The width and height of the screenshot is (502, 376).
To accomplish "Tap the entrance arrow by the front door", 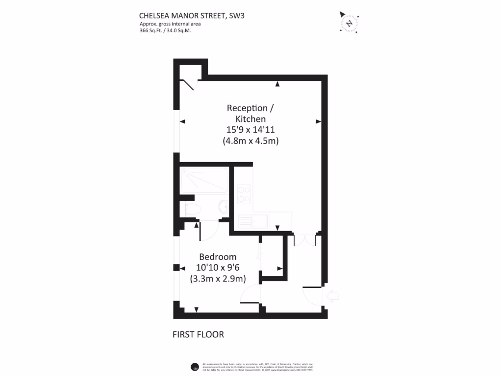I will tap(332, 296).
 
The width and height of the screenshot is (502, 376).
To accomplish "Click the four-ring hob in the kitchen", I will tap(244, 194).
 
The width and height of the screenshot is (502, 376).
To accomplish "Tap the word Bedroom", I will tap(218, 257).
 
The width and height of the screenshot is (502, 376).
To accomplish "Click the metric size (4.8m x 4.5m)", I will tap(250, 141).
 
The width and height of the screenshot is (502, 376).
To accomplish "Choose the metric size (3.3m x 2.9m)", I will tap(218, 279).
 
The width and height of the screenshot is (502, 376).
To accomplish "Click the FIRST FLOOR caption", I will tap(198, 335).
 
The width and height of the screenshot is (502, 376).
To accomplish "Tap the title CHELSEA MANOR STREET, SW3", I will tap(192, 16).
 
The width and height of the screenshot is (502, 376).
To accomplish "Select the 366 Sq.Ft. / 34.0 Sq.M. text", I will tap(165, 30).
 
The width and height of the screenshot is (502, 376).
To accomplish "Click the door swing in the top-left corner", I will tap(189, 84).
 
